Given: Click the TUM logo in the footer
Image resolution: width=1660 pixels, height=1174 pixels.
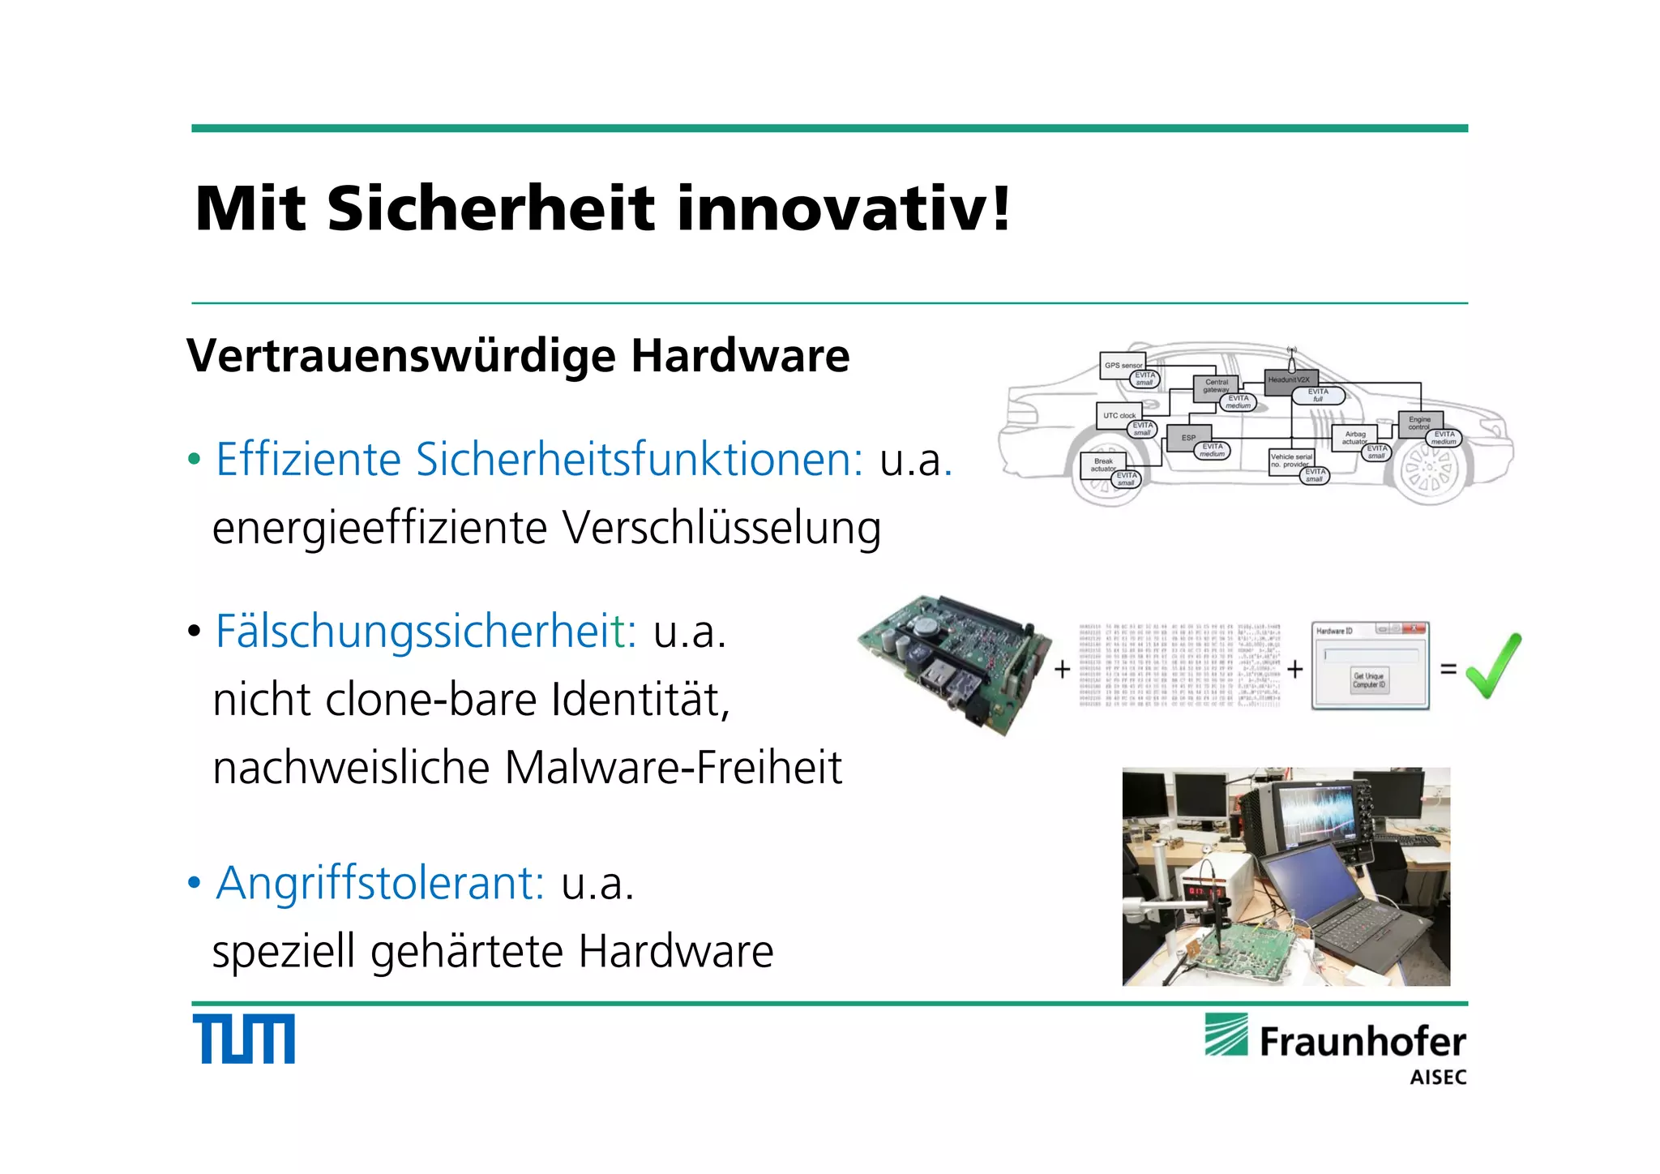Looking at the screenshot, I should coord(243,1038).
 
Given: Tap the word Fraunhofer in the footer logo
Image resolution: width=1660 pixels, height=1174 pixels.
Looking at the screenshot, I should coord(1362,1042).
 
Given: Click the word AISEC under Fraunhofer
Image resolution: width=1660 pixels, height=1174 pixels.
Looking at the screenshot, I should coord(1438,1078).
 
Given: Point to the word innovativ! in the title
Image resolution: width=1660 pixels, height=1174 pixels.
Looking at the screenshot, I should coord(843,209).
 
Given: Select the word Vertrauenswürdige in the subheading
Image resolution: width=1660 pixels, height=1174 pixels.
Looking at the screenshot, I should coord(400,357).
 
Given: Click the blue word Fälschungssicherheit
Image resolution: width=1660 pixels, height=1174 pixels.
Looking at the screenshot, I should coord(426,631).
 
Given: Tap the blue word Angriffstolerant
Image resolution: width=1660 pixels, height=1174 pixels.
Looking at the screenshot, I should coord(380,882).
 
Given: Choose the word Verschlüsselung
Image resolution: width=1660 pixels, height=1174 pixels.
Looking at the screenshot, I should coord(721,529).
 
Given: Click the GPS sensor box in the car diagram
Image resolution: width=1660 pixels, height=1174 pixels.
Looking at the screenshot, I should coord(1122,364).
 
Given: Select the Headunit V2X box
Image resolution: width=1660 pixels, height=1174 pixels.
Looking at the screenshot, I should coord(1289,379).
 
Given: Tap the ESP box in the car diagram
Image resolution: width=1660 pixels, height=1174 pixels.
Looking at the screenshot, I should coord(1188,438).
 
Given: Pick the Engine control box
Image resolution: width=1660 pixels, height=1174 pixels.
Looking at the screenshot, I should coord(1418,422).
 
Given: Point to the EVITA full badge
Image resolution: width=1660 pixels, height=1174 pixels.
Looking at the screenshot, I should coord(1318,395).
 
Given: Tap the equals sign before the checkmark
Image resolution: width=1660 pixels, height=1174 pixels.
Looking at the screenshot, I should coord(1448,670).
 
